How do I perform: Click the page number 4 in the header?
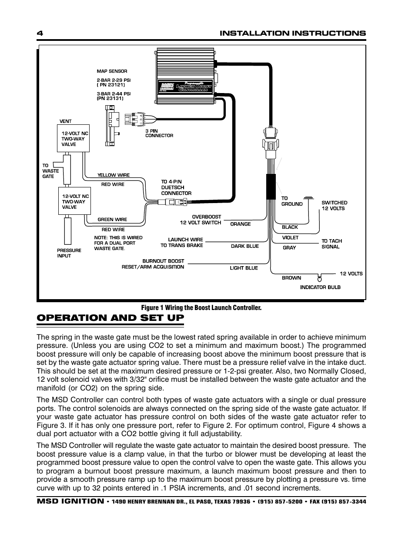[x=39, y=33]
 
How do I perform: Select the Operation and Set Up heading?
[x=110, y=318]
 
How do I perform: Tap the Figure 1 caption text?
[x=201, y=308]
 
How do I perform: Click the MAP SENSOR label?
[x=112, y=71]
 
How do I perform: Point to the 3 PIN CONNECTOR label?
[x=159, y=133]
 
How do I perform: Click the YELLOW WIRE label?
[x=113, y=175]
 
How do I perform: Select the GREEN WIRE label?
[x=112, y=220]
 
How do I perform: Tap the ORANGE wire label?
[x=240, y=224]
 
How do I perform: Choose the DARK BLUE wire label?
[x=244, y=246]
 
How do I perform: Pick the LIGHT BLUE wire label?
[x=244, y=268]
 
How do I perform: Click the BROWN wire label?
[x=291, y=278]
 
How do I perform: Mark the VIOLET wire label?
[x=290, y=238]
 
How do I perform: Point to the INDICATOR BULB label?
[x=320, y=287]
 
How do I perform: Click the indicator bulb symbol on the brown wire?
[x=320, y=276]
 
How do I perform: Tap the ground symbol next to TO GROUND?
[x=308, y=198]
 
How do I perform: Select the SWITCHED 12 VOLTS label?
[x=334, y=205]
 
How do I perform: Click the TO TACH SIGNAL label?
[x=331, y=243]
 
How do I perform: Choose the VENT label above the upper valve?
[x=65, y=121]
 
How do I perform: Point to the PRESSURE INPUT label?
[x=69, y=253]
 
